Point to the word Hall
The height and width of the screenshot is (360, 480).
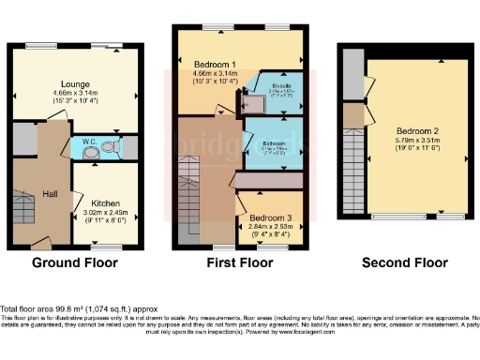50,194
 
